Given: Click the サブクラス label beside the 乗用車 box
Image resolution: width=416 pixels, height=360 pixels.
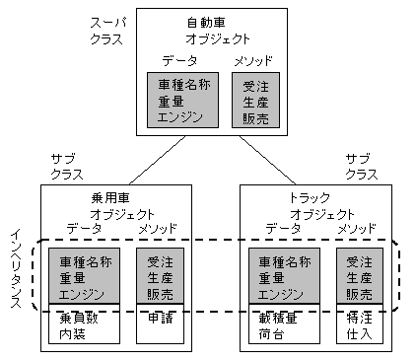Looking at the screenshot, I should (x=64, y=165).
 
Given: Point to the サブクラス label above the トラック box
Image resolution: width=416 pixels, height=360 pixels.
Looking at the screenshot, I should (x=358, y=165).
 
